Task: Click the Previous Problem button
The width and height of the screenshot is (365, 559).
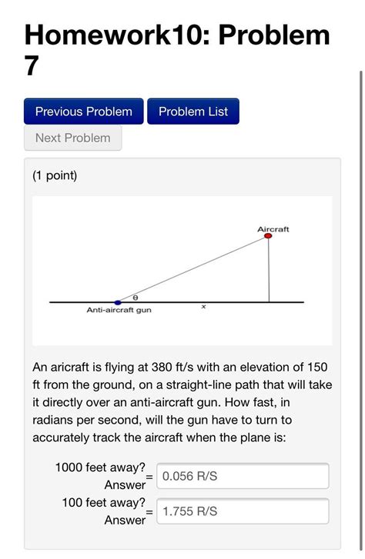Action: point(83,111)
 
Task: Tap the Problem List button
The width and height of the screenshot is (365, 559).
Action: point(193,111)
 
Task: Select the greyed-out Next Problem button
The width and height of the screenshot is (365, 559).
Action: point(72,138)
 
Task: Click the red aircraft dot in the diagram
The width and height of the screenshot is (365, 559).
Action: point(268,236)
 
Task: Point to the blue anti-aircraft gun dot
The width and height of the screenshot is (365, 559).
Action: point(117,302)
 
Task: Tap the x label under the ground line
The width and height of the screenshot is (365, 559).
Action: point(203,307)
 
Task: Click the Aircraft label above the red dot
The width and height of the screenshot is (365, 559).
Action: point(273,228)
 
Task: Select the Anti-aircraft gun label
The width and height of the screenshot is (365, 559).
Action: point(118,311)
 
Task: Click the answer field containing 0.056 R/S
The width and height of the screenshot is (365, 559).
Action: point(243,476)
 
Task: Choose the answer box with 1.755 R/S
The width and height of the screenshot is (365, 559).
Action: point(243,511)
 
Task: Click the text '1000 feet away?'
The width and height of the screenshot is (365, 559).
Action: point(100,467)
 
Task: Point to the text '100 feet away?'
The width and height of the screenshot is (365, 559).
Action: point(104,503)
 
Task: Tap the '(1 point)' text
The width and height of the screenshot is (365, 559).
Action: point(55,176)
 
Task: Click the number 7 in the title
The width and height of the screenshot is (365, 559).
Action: point(31,66)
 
